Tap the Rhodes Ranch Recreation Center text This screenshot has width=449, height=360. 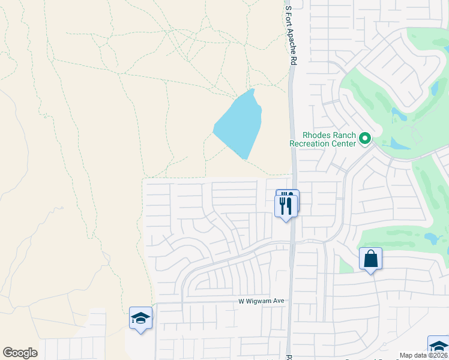tap(322, 139)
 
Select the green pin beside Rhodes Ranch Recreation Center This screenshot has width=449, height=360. tap(364, 140)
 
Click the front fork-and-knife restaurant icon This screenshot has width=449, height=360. tap(285, 206)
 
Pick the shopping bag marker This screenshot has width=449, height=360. tap(370, 259)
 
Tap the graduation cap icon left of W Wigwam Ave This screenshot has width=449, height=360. tap(140, 318)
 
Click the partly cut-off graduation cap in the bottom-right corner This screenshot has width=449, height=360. tap(439, 347)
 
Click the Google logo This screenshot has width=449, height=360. tap(20, 353)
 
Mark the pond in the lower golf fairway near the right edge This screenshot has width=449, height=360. tap(431, 238)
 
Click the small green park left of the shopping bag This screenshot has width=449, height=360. tap(345, 264)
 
